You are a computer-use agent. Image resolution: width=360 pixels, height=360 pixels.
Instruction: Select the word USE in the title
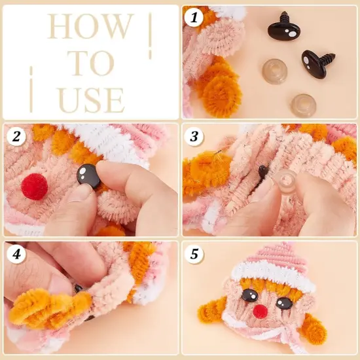click(90, 100)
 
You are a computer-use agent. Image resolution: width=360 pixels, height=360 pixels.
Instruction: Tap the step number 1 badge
click(193, 18)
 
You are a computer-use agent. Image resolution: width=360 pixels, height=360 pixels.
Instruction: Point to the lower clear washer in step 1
click(303, 103)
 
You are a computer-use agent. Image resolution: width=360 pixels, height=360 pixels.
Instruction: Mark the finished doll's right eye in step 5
click(283, 303)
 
